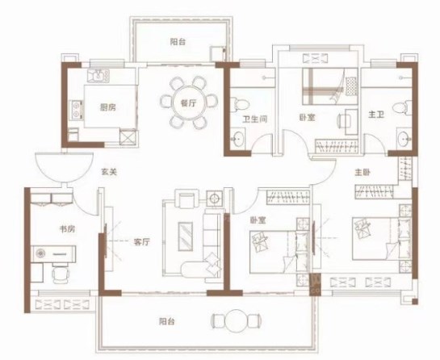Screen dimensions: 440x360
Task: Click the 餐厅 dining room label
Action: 188,103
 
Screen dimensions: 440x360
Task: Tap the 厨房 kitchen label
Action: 108,107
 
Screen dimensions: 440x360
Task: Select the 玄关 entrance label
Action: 109,172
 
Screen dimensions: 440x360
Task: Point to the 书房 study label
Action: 67,229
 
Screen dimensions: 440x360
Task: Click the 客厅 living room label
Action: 142,242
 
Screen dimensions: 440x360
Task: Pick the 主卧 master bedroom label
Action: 362,172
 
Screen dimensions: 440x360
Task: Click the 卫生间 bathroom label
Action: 255,119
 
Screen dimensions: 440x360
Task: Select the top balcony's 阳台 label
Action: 178,42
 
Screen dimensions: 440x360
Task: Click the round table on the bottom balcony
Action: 237,320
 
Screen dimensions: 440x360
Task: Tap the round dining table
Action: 189,103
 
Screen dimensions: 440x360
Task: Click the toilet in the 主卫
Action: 402,107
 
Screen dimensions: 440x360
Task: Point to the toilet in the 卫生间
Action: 239,104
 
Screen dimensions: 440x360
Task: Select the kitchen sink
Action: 98,76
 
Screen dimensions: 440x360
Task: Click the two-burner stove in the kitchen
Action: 76,110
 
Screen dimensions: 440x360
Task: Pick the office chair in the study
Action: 60,273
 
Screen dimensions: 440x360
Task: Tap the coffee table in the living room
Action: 186,237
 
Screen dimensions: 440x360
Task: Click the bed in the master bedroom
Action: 382,238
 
